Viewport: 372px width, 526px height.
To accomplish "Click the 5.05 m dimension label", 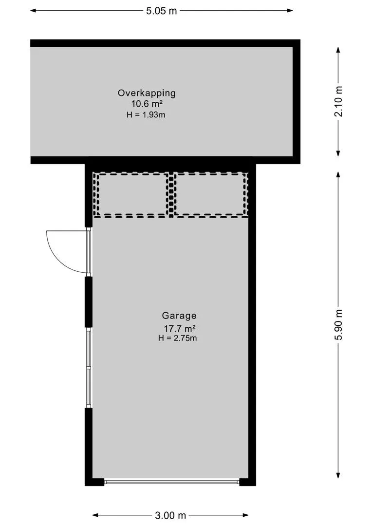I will [x=162, y=11].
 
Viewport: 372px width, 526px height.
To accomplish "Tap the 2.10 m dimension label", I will [x=339, y=101].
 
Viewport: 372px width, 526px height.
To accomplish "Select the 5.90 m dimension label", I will [x=339, y=325].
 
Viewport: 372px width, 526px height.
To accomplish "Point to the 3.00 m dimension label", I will [x=170, y=515].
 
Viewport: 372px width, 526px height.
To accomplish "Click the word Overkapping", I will [x=147, y=93].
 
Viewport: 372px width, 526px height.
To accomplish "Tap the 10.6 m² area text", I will [x=147, y=104].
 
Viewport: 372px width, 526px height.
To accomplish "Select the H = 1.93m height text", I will [x=147, y=114].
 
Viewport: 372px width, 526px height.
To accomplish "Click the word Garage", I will [x=180, y=316].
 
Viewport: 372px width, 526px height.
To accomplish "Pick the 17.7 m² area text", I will [x=180, y=328].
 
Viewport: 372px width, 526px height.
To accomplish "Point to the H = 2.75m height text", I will [x=178, y=338].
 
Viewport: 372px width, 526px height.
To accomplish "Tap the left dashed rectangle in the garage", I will [x=131, y=194].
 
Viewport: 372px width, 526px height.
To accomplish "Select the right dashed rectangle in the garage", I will [x=210, y=194].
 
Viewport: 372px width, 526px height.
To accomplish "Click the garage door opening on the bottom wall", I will [x=171, y=482].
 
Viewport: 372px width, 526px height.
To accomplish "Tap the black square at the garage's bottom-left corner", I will [x=94, y=482].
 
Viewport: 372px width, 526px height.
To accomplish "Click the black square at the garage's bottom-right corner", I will [x=247, y=482].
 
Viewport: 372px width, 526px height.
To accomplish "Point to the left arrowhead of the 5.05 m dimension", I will [x=33, y=11].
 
